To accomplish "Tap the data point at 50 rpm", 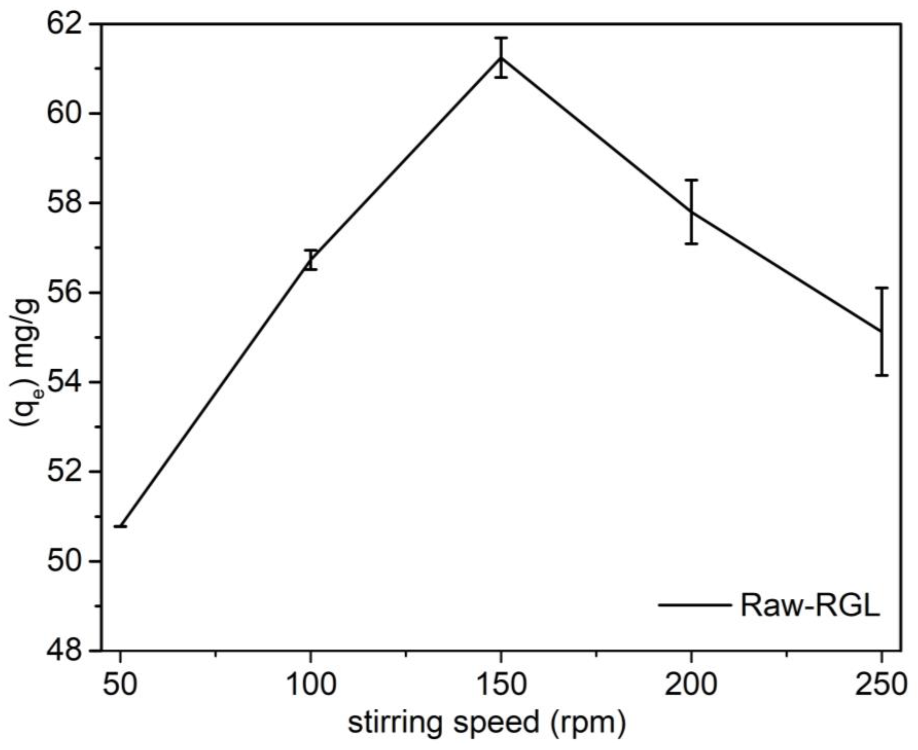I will pyautogui.click(x=121, y=526).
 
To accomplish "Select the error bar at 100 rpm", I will pyautogui.click(x=310, y=260).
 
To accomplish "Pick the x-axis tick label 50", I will pyautogui.click(x=120, y=685).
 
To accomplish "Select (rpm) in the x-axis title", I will pyautogui.click(x=588, y=723).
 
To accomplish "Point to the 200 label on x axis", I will pyautogui.click(x=691, y=685).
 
